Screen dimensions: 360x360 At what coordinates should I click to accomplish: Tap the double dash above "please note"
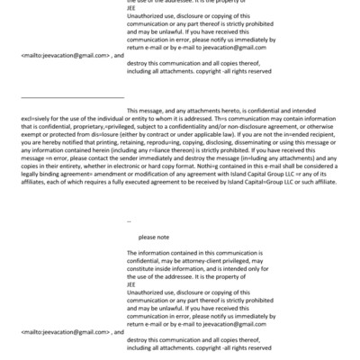[x=130, y=220]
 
